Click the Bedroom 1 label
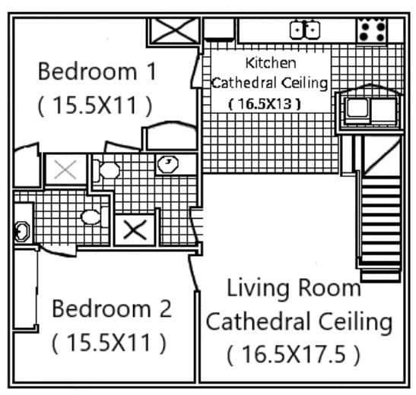point(97,72)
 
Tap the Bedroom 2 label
point(111,309)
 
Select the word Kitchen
point(270,63)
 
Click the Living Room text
point(294,289)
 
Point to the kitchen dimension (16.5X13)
point(265,103)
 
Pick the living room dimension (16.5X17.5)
point(293,353)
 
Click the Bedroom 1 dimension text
point(94,105)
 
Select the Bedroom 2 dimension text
point(109,343)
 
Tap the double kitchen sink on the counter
point(305,30)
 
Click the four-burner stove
point(373,30)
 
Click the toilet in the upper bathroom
point(106,170)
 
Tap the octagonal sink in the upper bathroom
point(166,163)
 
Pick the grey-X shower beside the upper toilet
point(65,169)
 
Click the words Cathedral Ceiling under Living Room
point(299,321)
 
